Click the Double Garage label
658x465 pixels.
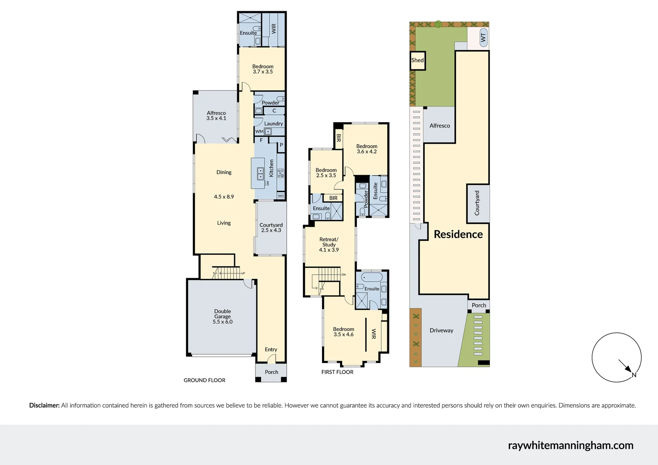[222, 316]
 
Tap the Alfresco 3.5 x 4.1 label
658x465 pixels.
[216, 115]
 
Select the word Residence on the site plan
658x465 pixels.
[458, 234]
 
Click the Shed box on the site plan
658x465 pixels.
[417, 60]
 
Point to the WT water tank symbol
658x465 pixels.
[483, 38]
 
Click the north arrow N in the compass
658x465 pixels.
[633, 375]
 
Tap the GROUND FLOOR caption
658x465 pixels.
[204, 380]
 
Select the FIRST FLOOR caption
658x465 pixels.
[337, 372]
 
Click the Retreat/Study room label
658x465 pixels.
[329, 245]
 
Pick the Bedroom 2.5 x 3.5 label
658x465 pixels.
[326, 173]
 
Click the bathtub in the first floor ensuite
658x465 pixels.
[371, 277]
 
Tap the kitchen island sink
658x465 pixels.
[260, 174]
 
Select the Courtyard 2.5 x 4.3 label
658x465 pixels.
[271, 227]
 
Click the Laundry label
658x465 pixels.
[273, 124]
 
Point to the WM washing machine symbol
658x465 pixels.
[259, 131]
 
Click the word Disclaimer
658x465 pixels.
[44, 405]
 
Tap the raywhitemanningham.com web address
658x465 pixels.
[570, 445]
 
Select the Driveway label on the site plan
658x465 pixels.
[441, 330]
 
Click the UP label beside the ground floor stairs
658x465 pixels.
[243, 273]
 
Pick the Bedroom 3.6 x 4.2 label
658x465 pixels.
[367, 149]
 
